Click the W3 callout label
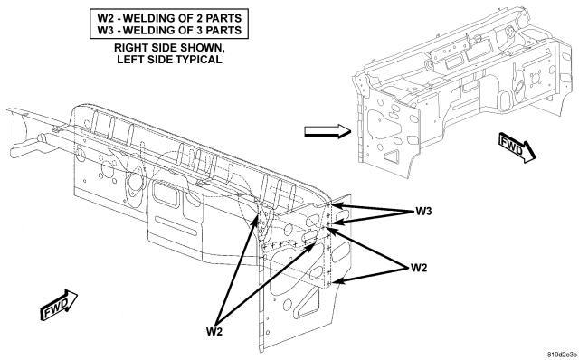tap(423, 211)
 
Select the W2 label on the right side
tap(419, 268)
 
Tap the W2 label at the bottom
tap(214, 332)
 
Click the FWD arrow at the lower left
tap(58, 304)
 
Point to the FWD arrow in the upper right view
tap(517, 147)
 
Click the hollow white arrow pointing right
tap(327, 131)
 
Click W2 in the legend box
tap(105, 18)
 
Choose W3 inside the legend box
tap(105, 30)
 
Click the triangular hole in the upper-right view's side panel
tap(392, 156)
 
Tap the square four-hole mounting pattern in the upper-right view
tap(535, 79)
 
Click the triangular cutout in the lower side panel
tap(308, 302)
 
